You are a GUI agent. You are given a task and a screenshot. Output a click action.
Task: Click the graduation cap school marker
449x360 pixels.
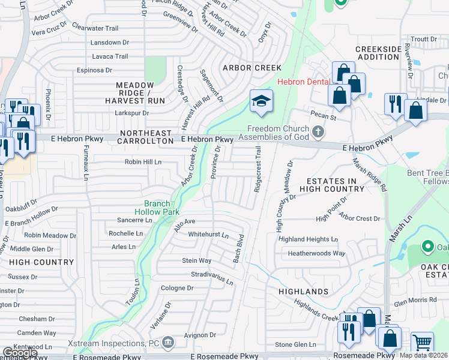point(261,101)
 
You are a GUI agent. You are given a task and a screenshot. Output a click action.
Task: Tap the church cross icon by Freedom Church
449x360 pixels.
point(318,131)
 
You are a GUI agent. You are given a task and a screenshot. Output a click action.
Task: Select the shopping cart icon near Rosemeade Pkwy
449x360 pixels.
point(423,343)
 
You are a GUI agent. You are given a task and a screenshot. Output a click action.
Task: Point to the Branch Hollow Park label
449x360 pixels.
point(161,208)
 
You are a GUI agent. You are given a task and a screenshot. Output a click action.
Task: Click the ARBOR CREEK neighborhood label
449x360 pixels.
point(252,68)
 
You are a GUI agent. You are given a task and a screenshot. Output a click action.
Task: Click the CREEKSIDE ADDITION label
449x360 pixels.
point(378,53)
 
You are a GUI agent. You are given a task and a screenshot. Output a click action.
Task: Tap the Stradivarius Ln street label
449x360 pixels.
point(212,278)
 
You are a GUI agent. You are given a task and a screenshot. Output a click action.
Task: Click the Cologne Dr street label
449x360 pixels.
point(177,288)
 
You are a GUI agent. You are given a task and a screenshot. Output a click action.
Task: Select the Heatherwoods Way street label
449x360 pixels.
point(316,253)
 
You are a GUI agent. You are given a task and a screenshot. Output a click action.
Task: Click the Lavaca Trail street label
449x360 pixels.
point(110,56)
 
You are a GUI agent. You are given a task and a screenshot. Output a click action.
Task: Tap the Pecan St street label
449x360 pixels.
point(321,113)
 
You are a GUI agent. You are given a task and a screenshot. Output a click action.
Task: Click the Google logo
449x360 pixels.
point(19,353)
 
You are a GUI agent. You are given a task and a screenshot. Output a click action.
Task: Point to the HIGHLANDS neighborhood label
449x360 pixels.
point(304,292)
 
